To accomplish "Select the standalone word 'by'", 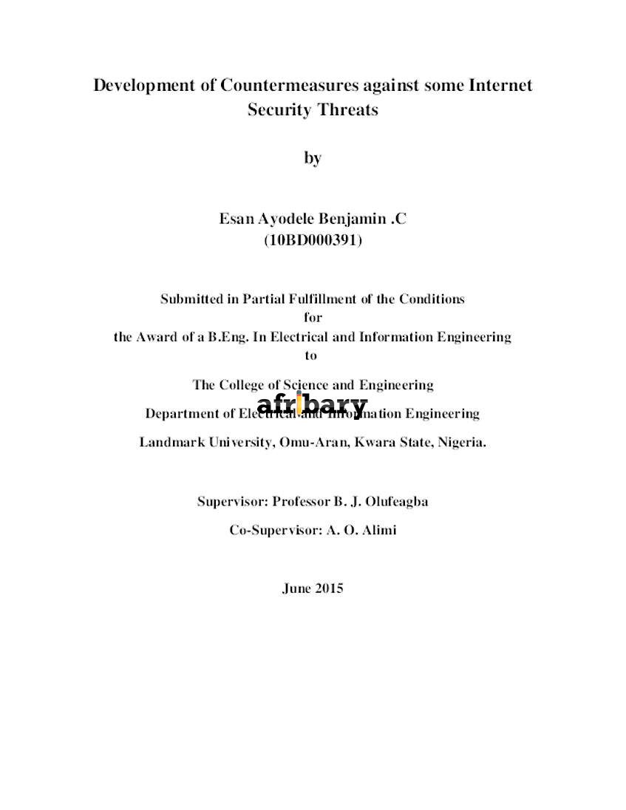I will (313, 157).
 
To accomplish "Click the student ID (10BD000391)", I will (313, 240).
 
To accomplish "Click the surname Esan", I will (234, 219).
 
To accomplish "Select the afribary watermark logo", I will (313, 405).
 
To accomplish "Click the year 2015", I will (329, 588).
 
